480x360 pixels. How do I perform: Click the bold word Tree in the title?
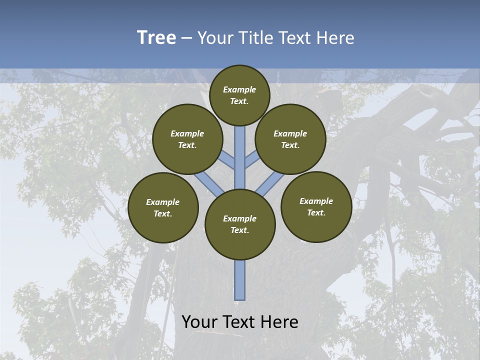(156, 37)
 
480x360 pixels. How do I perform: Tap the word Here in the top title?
(336, 37)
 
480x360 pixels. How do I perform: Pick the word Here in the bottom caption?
(279, 321)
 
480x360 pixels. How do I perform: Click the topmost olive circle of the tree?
(239, 95)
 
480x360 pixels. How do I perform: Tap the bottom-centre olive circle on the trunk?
(240, 224)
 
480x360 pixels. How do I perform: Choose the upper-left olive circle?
(187, 139)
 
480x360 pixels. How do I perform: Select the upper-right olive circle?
(290, 139)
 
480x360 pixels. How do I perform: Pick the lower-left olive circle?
(163, 208)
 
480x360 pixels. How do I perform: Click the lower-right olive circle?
(316, 207)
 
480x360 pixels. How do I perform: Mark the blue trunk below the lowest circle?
(240, 280)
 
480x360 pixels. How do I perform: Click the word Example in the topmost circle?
(239, 89)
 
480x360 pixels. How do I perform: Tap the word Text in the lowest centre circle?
(239, 230)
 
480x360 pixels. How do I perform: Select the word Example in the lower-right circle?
(316, 201)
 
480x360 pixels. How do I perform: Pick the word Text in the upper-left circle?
(187, 145)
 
